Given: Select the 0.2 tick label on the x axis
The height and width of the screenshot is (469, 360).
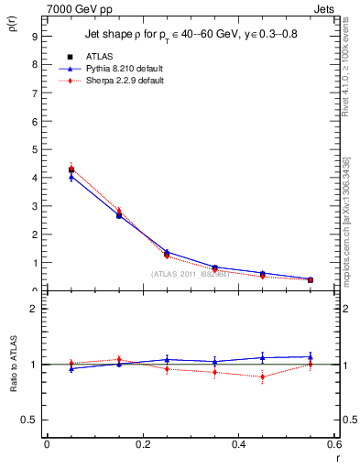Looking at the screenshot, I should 142,443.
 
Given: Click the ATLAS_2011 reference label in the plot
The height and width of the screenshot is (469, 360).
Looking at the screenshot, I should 190,274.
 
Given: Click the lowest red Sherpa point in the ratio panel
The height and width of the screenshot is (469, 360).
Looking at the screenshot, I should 262,376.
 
